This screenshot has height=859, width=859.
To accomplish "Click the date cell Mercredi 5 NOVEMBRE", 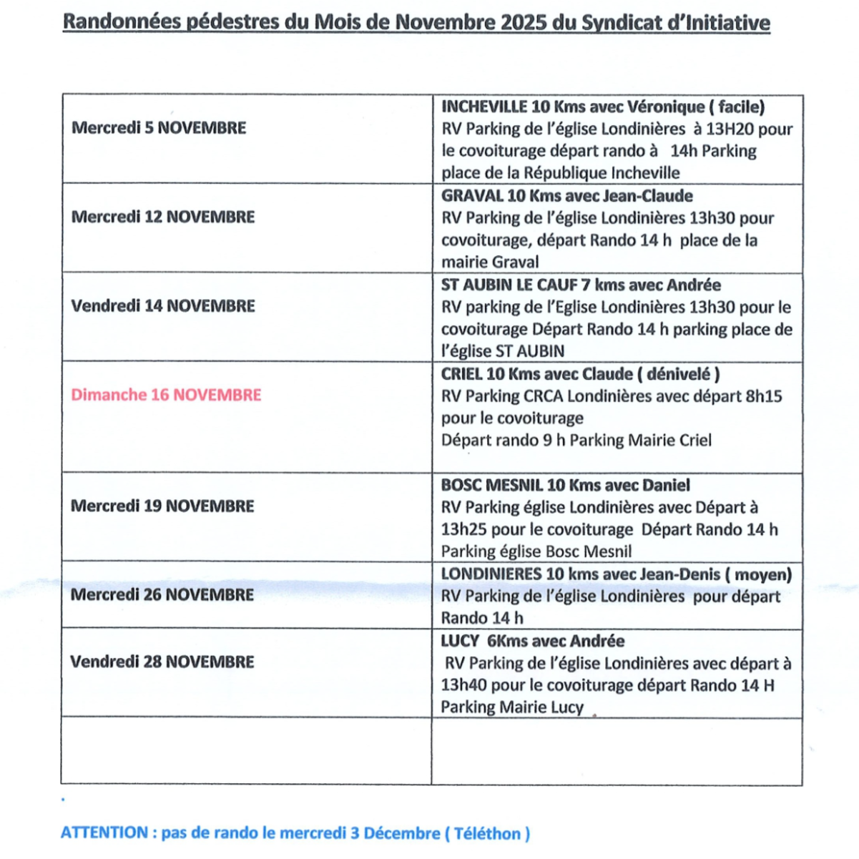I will click(159, 128).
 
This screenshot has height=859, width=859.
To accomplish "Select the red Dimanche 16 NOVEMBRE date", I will click(166, 395).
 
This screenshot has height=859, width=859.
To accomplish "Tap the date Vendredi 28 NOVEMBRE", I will click(162, 662).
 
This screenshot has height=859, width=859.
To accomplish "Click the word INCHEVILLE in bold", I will click(485, 107).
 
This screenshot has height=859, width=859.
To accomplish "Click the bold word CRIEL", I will click(461, 374).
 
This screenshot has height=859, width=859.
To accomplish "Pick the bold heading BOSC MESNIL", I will click(492, 485).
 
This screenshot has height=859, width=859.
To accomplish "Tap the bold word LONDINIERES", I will click(491, 574).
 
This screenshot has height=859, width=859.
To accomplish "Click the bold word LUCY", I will click(460, 641).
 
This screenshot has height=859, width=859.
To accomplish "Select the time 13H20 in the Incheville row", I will click(730, 129).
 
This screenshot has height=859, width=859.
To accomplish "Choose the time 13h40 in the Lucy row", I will click(463, 685).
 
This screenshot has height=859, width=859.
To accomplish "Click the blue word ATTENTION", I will click(104, 833).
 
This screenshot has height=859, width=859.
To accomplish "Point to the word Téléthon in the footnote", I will click(488, 834).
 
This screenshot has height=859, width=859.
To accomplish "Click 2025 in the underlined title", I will click(524, 23).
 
